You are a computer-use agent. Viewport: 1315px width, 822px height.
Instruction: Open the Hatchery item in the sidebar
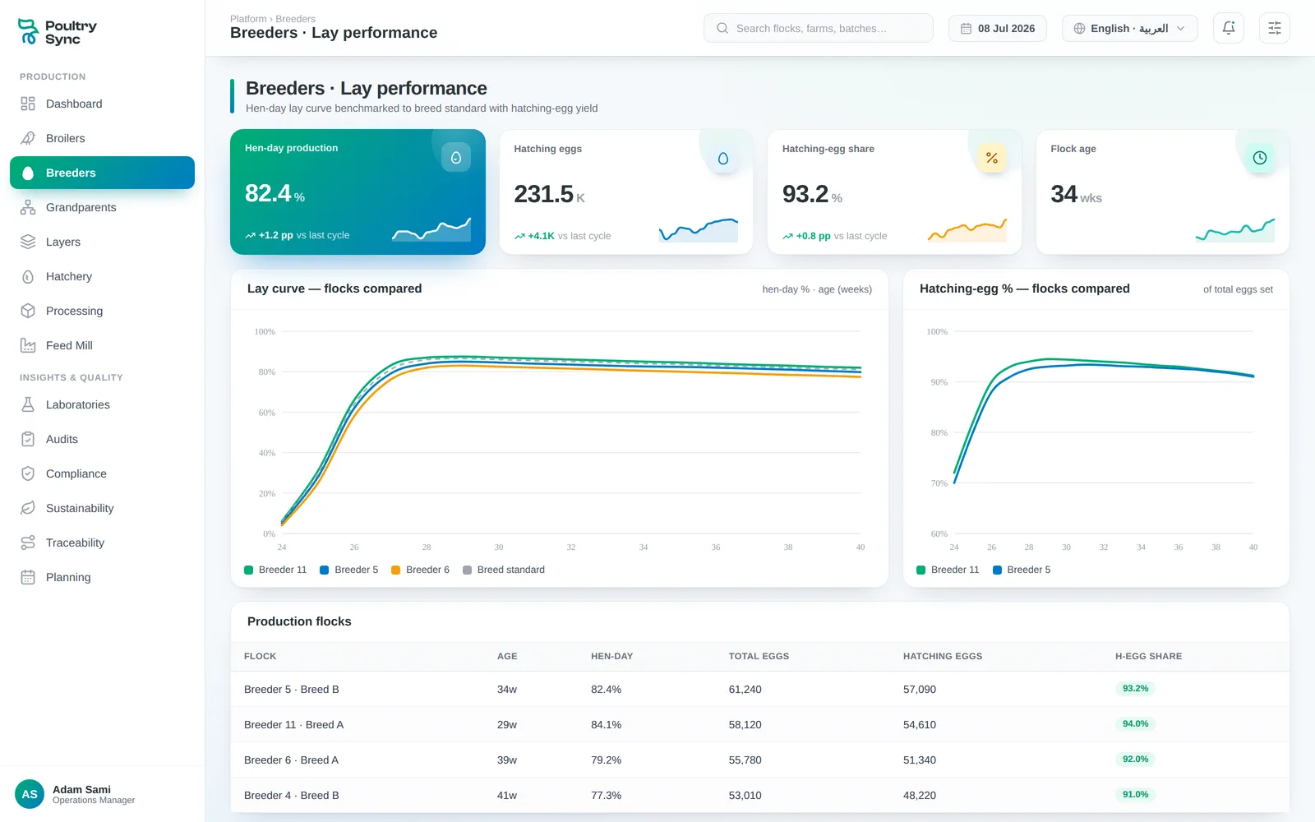(x=69, y=276)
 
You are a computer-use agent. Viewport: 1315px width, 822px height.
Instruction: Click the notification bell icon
(x=1228, y=28)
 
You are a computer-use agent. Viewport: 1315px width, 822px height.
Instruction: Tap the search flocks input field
(x=819, y=28)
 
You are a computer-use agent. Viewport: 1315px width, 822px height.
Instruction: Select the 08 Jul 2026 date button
(x=998, y=28)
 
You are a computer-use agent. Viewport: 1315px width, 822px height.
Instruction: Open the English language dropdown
(x=1129, y=28)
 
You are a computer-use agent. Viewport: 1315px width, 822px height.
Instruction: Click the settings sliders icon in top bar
(x=1275, y=28)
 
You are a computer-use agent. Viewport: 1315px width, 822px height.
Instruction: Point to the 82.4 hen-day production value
(x=268, y=193)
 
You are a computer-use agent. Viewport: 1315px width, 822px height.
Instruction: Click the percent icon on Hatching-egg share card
(x=992, y=158)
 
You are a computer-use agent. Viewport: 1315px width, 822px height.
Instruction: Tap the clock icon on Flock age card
(x=1260, y=158)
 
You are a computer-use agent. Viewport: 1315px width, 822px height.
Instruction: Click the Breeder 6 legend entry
(x=420, y=570)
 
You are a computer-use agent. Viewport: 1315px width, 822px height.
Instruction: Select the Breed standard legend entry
(x=504, y=570)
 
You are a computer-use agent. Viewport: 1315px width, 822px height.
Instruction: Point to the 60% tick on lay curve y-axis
(x=267, y=413)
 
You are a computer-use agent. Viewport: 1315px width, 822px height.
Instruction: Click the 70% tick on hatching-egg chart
(x=939, y=483)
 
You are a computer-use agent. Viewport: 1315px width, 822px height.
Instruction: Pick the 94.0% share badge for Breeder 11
(x=1135, y=724)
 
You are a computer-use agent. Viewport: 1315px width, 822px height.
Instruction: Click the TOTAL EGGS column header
(x=759, y=657)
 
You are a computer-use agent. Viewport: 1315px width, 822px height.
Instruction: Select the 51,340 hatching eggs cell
(x=920, y=760)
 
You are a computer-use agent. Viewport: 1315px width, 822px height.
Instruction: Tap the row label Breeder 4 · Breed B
(x=291, y=795)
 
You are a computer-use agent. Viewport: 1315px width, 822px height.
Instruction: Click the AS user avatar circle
(x=30, y=794)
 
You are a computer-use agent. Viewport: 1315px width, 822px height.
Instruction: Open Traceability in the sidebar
(x=75, y=543)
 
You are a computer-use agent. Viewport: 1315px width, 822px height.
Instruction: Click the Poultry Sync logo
(x=57, y=32)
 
